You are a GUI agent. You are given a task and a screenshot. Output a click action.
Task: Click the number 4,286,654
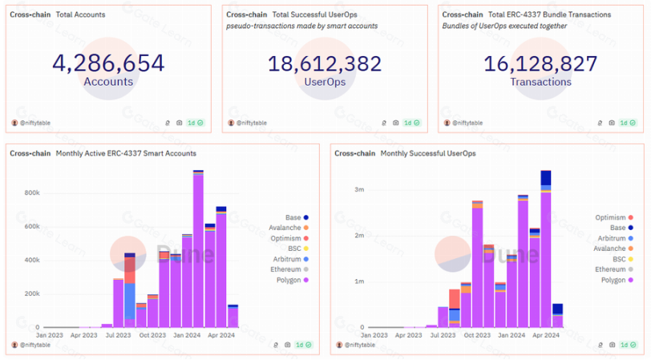pyautogui.click(x=108, y=63)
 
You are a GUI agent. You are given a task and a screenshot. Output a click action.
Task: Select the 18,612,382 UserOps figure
pyautogui.click(x=325, y=63)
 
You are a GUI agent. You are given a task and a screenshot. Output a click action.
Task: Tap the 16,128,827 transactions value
pyautogui.click(x=540, y=63)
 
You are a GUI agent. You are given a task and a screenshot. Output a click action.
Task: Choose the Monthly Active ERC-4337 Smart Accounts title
pyautogui.click(x=126, y=152)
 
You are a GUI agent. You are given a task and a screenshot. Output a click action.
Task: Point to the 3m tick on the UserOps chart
pyautogui.click(x=359, y=190)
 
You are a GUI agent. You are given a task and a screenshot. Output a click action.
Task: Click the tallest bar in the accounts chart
pyautogui.click(x=198, y=249)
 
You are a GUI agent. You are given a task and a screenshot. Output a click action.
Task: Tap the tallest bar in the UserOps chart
pyautogui.click(x=546, y=257)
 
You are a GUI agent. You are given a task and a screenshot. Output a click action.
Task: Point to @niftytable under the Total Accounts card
pyautogui.click(x=37, y=123)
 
